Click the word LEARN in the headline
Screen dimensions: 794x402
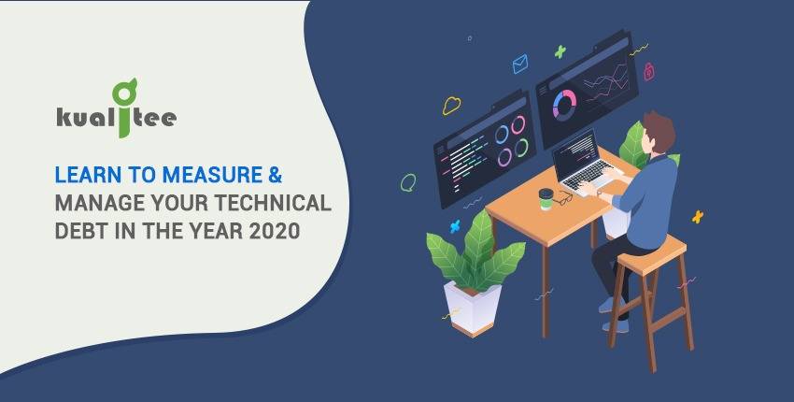tap(88, 176)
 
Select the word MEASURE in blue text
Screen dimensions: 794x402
tap(212, 176)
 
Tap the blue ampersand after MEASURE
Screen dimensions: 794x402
tap(275, 176)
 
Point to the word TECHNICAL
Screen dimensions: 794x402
tap(273, 203)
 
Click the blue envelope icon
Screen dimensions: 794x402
tap(520, 64)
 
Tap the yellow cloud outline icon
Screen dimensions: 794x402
tap(451, 106)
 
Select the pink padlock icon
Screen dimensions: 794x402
tap(648, 71)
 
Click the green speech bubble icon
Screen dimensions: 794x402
tap(408, 182)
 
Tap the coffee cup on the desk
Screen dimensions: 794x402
tap(546, 199)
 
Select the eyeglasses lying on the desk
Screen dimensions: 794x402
tap(562, 199)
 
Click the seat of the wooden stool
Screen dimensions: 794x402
tap(652, 255)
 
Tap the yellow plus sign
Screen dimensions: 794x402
tap(698, 217)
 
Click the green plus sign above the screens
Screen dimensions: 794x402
tap(560, 51)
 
